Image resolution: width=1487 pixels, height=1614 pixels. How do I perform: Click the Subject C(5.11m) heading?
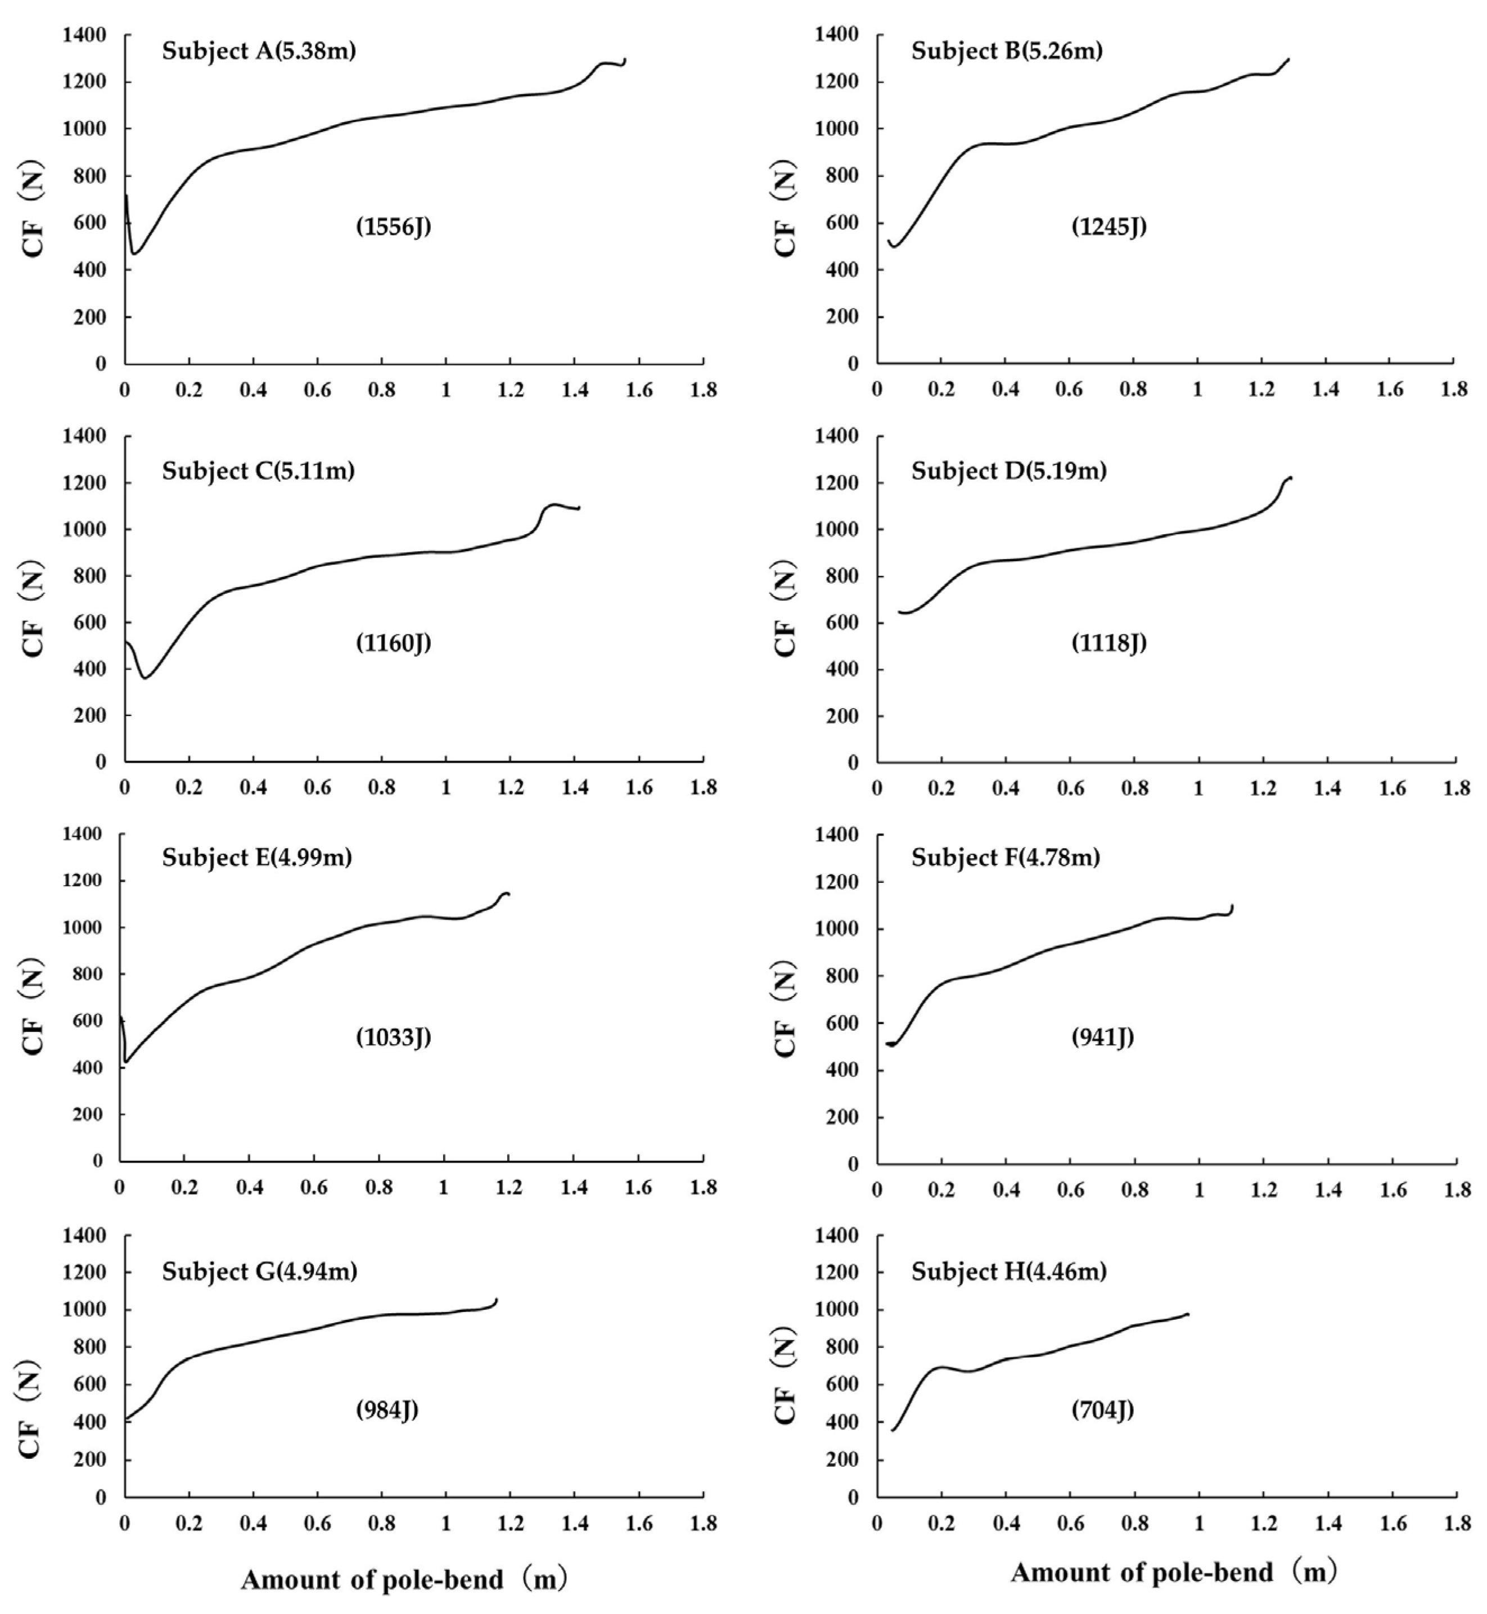pos(258,471)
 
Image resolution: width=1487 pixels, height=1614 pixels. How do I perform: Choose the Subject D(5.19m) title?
pos(1009,471)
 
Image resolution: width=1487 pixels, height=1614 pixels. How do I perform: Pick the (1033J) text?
pos(394,1038)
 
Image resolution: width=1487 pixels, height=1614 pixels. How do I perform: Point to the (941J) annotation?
pos(1102,1038)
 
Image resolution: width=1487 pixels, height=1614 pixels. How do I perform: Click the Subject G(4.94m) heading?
pos(260,1272)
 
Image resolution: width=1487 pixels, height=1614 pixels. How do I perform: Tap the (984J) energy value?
pos(387,1410)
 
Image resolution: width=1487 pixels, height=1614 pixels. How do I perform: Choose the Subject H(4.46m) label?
pos(1009,1272)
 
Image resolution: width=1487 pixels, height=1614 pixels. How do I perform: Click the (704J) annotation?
pos(1102,1410)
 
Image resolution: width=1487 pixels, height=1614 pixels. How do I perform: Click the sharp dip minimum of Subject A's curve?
pos(134,254)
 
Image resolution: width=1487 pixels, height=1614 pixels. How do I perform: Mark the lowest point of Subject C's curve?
pos(145,678)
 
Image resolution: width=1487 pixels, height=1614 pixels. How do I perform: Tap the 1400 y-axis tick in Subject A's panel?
pos(84,35)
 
